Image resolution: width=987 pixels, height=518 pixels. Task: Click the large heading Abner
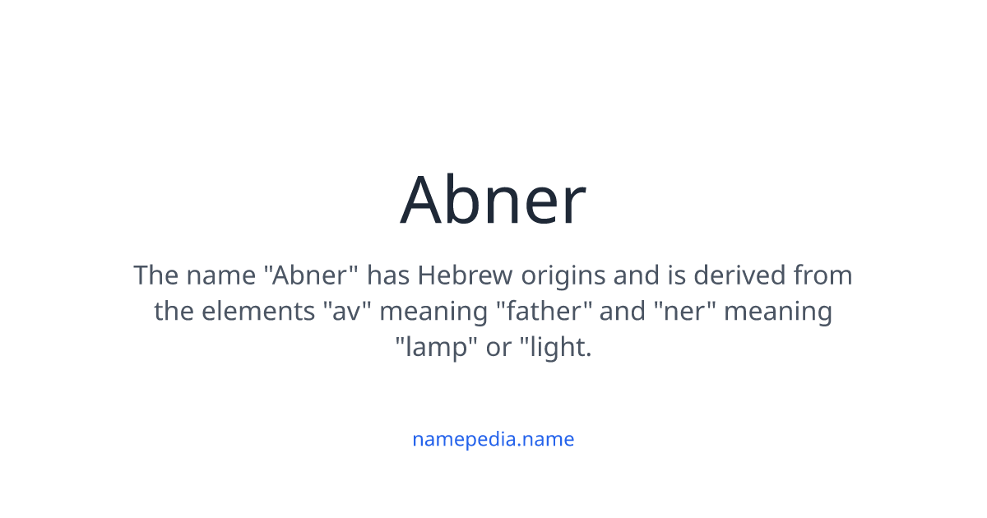(493, 200)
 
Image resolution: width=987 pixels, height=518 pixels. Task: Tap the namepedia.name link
(493, 439)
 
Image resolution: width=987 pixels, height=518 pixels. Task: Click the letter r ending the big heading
(573, 206)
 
